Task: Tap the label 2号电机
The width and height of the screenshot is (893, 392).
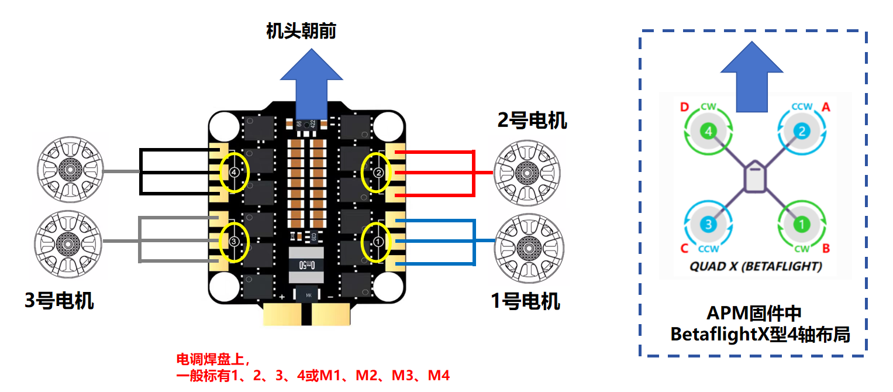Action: (x=532, y=121)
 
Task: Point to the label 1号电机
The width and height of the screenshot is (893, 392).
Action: (x=525, y=301)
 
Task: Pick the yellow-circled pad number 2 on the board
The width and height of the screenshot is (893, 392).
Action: (x=378, y=173)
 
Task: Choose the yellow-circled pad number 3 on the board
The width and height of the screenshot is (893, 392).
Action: (x=234, y=241)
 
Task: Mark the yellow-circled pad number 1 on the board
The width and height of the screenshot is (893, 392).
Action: (x=378, y=241)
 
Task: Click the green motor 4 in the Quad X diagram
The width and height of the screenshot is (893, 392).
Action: (x=709, y=132)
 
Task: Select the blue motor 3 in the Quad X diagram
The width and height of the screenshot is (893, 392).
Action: (x=708, y=223)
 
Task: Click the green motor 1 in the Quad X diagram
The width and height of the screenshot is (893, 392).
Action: (x=801, y=223)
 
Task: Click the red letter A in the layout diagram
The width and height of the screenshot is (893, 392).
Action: (x=826, y=107)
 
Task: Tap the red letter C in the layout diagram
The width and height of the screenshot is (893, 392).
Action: (x=684, y=249)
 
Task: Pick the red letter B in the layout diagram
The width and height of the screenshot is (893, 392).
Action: (x=826, y=249)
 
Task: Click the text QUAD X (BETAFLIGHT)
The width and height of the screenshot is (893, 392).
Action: (x=756, y=267)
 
